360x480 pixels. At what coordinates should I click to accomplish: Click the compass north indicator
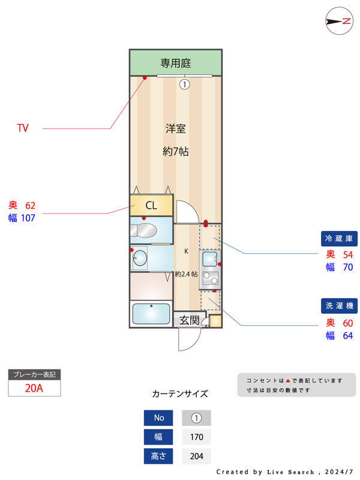[339, 21]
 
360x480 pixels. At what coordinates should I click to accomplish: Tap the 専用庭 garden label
[176, 63]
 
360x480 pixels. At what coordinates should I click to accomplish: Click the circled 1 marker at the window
[185, 84]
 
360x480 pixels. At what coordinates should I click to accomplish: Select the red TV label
[23, 128]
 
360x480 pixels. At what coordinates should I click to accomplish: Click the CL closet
[151, 205]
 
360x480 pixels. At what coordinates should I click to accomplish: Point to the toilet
[143, 230]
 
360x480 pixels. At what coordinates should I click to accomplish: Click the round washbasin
[140, 258]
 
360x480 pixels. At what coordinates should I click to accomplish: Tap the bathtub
[151, 313]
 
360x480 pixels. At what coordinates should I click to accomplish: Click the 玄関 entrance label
[190, 320]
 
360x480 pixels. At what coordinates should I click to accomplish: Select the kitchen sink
[210, 259]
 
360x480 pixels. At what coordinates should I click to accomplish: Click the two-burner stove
[211, 278]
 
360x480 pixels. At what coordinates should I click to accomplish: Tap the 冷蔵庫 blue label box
[339, 238]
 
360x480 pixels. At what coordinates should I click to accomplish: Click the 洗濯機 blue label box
[339, 305]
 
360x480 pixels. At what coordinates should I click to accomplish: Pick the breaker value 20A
[34, 388]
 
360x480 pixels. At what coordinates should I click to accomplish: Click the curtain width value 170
[197, 437]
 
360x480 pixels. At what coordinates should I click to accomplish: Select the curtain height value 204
[197, 456]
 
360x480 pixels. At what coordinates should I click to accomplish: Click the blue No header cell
[158, 418]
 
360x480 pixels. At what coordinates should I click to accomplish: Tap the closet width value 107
[28, 218]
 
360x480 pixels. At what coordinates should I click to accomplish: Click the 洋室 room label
[176, 128]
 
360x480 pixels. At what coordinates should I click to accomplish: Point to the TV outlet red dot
[145, 78]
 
